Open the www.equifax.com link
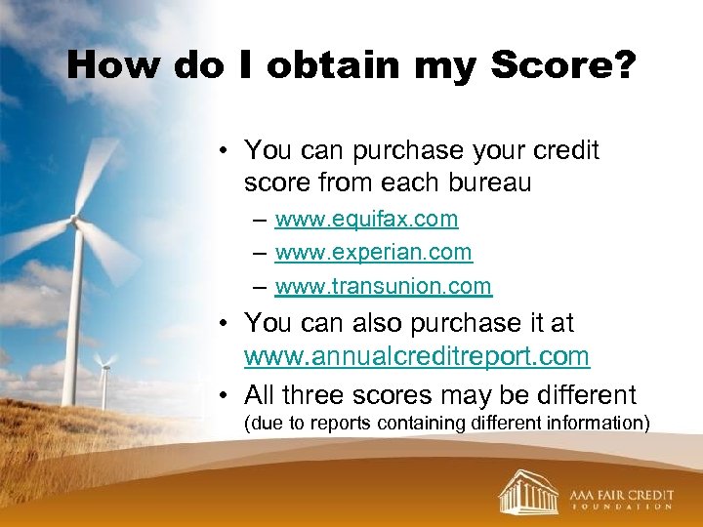(366, 220)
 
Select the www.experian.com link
(373, 252)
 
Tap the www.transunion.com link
(383, 285)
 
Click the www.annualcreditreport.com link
(417, 356)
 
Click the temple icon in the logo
(528, 490)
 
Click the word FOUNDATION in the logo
(620, 507)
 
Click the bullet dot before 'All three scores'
(225, 395)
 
